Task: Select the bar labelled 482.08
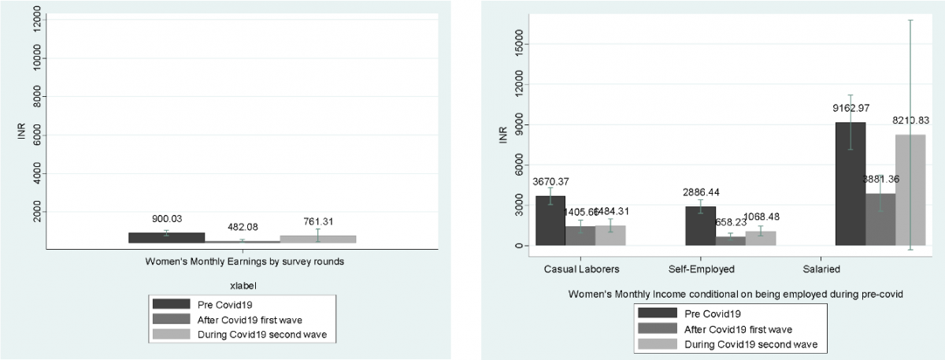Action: pos(243,241)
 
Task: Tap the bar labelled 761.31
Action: pos(317,239)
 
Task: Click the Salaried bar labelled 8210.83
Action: pos(910,190)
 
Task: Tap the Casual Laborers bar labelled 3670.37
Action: pos(550,221)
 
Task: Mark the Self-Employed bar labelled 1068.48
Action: pos(760,238)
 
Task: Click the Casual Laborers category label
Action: pos(581,269)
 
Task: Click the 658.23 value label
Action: pos(730,223)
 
